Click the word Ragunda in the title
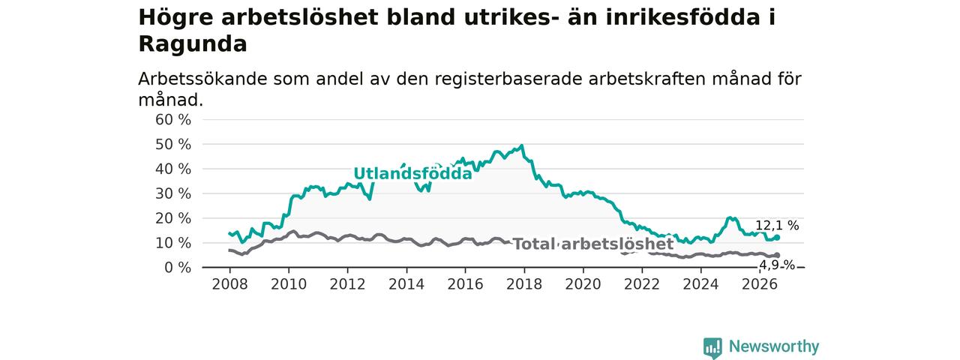point(193,44)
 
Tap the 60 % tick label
point(173,120)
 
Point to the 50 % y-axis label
point(173,145)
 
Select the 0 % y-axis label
point(178,268)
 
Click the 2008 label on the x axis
point(229,284)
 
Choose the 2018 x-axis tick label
point(524,284)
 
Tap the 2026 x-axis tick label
point(760,284)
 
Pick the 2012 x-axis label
point(347,284)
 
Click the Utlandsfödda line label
point(412,173)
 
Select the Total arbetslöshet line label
point(593,244)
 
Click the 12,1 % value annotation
point(777,226)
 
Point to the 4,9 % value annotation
point(777,265)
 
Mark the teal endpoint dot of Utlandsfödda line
point(777,238)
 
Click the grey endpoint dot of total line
point(777,256)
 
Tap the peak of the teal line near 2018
point(521,145)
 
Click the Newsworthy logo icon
point(712,347)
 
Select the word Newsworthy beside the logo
point(774,346)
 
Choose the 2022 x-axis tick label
point(642,284)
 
